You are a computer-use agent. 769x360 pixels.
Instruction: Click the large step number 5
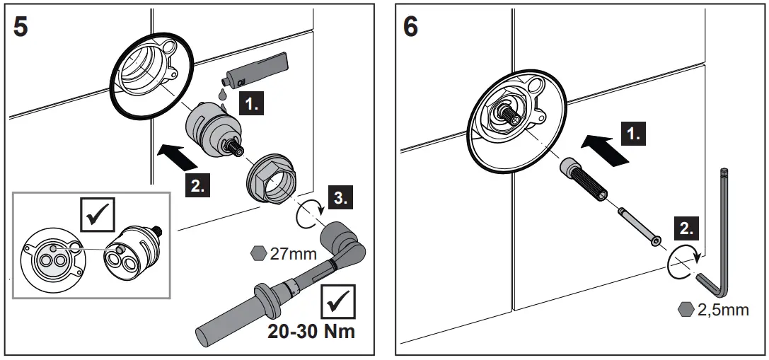(x=21, y=29)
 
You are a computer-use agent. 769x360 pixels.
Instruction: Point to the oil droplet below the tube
(x=223, y=93)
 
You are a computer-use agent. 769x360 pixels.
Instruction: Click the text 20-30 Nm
(x=311, y=331)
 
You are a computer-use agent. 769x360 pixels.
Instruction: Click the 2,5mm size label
(x=722, y=310)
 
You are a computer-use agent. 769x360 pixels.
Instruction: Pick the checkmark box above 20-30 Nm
(x=338, y=301)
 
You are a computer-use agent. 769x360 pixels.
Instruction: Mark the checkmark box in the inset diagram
(x=96, y=215)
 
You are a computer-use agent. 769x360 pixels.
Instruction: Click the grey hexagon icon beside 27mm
(x=259, y=253)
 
